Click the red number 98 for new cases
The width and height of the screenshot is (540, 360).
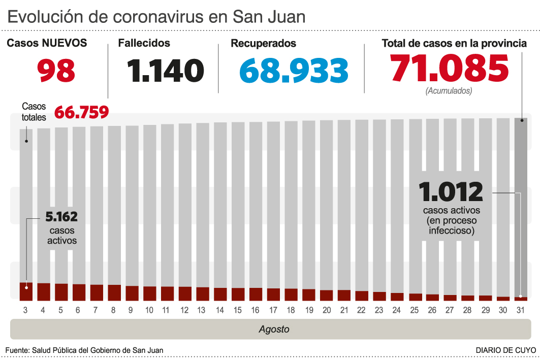56,71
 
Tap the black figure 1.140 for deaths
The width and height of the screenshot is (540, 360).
166,71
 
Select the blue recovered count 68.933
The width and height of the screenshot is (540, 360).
294,71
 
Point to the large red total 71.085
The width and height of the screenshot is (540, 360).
449,69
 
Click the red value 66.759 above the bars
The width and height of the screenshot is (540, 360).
81,112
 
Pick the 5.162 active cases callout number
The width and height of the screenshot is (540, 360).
61,217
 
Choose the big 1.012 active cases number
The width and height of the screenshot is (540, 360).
451,192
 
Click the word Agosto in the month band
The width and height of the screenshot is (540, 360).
274,329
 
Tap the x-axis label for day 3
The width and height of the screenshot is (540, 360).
25,310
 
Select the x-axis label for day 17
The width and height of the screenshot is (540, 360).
273,310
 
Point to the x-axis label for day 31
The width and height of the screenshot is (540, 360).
521,310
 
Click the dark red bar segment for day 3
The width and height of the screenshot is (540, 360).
26,291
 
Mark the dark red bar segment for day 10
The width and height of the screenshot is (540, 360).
149,293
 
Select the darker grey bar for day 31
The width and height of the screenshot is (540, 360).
521,203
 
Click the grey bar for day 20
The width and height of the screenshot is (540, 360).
327,203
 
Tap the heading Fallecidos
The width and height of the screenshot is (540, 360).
144,44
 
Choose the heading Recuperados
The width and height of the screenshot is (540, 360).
263,44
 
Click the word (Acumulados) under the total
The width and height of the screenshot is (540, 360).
449,91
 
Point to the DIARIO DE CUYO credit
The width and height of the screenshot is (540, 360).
505,350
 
